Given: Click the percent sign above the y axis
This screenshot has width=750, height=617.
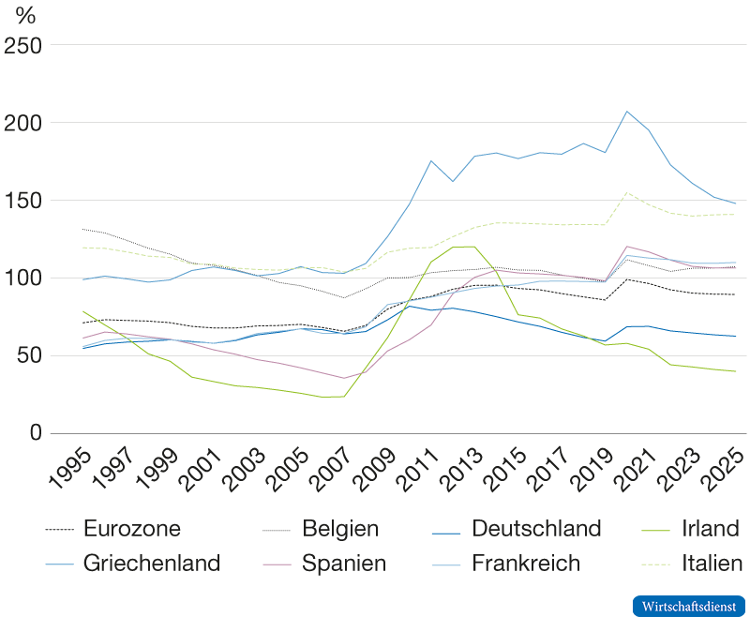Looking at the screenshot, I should point(26,17).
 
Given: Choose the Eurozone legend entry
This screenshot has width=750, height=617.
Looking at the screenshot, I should point(131,529).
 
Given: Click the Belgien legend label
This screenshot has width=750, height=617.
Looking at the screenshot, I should point(340,529).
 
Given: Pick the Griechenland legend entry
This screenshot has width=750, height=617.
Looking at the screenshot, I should point(151,564).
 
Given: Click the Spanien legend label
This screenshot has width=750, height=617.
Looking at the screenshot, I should point(344,564).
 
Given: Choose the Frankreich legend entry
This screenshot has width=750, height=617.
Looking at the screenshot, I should point(525,564).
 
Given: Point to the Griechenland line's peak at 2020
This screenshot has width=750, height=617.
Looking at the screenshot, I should point(627,112).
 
